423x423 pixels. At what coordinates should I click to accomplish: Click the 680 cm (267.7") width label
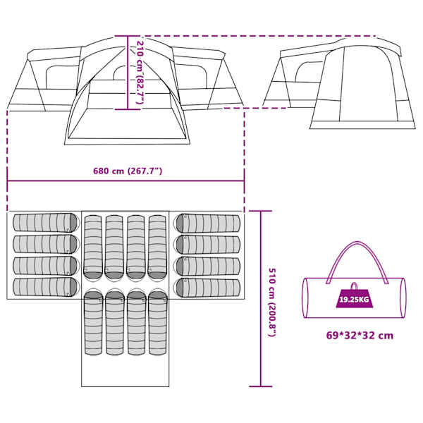click(x=128, y=171)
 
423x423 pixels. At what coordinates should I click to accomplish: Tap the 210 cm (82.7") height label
click(x=140, y=73)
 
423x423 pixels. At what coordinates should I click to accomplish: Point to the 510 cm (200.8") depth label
click(x=272, y=302)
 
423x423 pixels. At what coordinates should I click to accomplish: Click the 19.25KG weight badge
click(x=354, y=300)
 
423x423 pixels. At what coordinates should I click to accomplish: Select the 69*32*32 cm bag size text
click(x=360, y=336)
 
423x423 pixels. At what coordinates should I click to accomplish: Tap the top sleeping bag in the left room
click(x=46, y=223)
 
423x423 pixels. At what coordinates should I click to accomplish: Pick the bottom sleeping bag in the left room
click(x=46, y=287)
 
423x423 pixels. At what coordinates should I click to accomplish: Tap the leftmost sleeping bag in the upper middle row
click(x=93, y=247)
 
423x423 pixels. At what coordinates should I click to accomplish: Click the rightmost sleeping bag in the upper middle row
click(x=157, y=247)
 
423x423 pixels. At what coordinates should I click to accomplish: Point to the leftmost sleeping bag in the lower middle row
click(x=94, y=322)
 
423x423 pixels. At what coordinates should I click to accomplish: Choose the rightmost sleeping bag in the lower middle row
click(x=158, y=322)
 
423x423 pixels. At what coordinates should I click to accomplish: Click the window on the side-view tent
click(x=309, y=71)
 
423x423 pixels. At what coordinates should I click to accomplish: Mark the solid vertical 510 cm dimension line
click(x=261, y=299)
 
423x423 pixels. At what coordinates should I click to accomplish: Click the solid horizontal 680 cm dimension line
click(x=125, y=180)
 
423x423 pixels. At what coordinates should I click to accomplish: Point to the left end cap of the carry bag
click(x=305, y=298)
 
